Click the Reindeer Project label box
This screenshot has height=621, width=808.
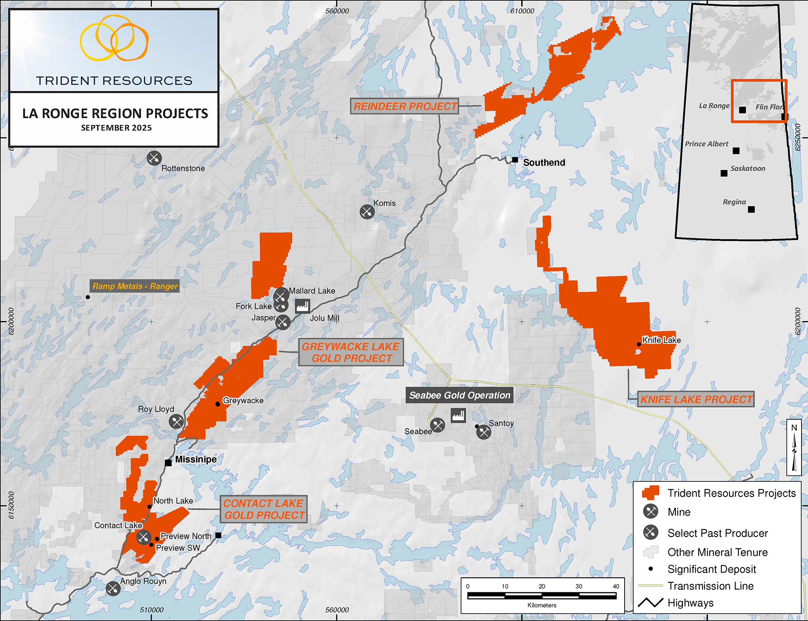point(404,106)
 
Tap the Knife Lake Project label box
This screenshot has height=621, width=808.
point(696,399)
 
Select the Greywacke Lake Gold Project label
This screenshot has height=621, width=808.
point(351,353)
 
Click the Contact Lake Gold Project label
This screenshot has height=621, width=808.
point(264,509)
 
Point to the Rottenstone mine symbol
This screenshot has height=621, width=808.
point(154,158)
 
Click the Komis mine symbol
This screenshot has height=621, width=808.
point(367,211)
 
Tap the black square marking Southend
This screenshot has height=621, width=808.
point(515,160)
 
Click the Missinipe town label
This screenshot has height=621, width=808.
point(196,460)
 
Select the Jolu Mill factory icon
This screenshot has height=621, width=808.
point(302,306)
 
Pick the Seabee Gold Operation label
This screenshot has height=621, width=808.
point(459,395)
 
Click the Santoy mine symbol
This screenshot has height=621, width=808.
point(484,432)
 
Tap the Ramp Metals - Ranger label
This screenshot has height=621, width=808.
point(135,286)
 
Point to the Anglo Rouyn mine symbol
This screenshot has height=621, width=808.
point(113,589)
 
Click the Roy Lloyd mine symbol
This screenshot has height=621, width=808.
point(176,422)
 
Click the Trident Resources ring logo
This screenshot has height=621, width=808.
point(114,38)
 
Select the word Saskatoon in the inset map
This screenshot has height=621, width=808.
point(747,169)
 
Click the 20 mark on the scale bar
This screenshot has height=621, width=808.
point(542,587)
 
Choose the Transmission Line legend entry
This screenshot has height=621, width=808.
point(710,586)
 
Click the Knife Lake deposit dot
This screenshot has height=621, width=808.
point(639,344)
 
